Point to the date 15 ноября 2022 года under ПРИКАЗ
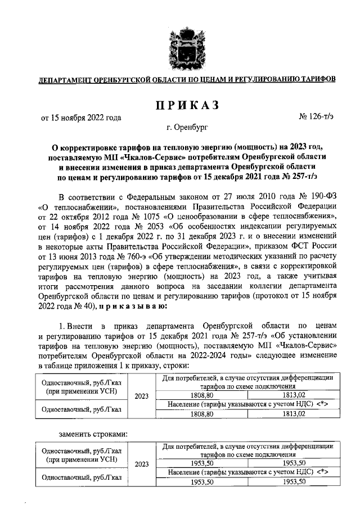(x=81, y=118)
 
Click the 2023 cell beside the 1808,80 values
(x=142, y=396)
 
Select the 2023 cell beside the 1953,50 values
(x=142, y=465)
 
